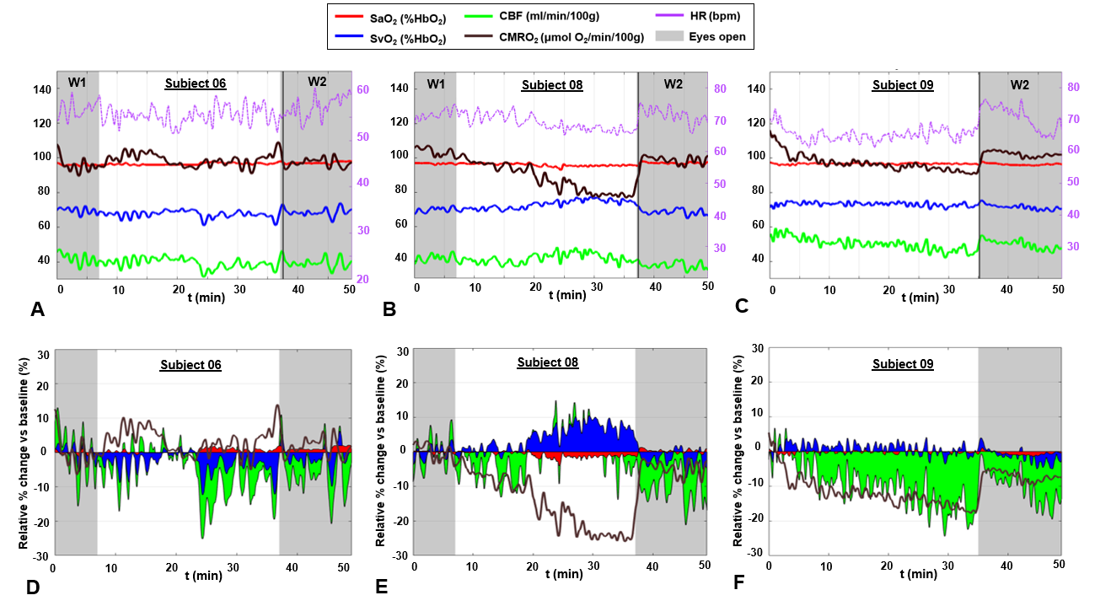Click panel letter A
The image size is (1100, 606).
(x=36, y=309)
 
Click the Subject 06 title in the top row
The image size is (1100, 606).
(x=196, y=83)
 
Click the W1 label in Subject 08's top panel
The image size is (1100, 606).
(x=436, y=83)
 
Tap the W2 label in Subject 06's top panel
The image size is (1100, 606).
(x=317, y=81)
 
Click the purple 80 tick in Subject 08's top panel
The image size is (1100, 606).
(x=720, y=88)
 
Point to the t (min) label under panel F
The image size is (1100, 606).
(x=919, y=574)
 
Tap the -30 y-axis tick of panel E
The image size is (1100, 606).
(x=400, y=556)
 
